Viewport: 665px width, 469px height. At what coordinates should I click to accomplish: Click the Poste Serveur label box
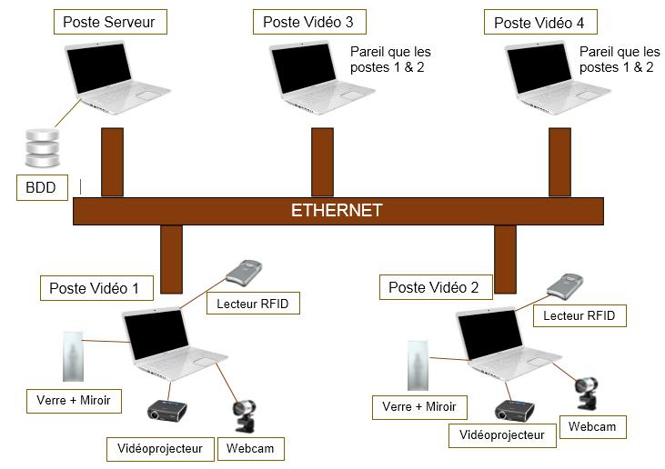(111, 23)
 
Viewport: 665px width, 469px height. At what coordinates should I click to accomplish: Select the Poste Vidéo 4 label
(539, 23)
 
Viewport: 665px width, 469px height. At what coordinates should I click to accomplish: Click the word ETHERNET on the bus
(337, 211)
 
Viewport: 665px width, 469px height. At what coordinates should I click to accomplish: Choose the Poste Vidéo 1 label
(94, 288)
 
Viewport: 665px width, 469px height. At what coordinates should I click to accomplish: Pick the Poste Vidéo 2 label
(433, 287)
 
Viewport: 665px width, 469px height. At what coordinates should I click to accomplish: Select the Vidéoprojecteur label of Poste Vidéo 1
(160, 448)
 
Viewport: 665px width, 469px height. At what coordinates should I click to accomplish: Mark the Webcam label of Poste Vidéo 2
(592, 426)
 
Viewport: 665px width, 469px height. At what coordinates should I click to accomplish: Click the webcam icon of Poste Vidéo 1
(246, 417)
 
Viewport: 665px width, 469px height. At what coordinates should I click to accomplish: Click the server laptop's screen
(99, 67)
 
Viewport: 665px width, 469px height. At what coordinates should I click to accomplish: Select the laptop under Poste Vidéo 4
(555, 77)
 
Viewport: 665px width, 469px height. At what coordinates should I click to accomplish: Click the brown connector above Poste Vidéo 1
(171, 260)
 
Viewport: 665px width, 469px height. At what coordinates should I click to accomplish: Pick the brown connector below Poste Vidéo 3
(323, 162)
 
